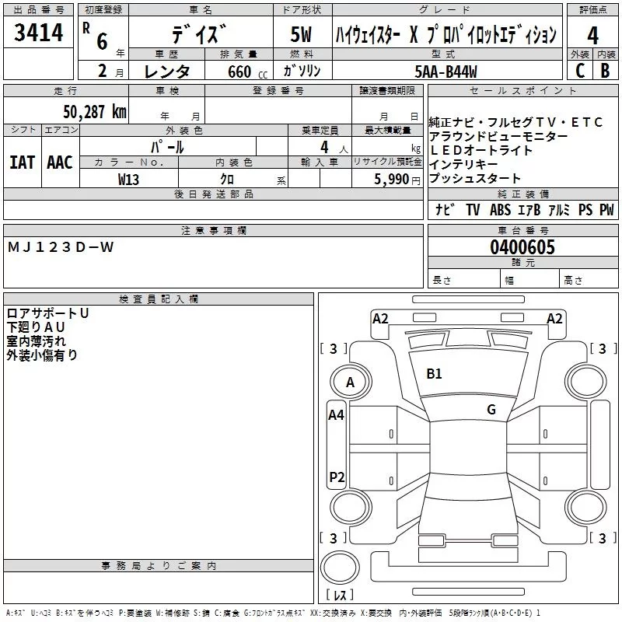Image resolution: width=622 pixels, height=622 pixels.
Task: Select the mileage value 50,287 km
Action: pyautogui.click(x=94, y=111)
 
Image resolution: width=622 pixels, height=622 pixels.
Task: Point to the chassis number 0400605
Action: pyautogui.click(x=522, y=248)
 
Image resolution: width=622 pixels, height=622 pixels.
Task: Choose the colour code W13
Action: pyautogui.click(x=129, y=179)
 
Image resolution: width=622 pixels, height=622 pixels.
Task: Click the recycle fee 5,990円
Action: pyautogui.click(x=397, y=179)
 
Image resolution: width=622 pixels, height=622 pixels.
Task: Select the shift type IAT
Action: pyautogui.click(x=22, y=162)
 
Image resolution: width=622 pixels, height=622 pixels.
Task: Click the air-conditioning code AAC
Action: pyautogui.click(x=60, y=162)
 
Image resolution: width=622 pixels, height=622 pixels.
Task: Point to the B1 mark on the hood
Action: pyautogui.click(x=434, y=374)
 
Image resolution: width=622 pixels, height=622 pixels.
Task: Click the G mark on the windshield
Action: pyautogui.click(x=491, y=410)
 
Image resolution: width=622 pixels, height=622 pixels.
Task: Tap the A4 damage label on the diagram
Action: pyautogui.click(x=336, y=415)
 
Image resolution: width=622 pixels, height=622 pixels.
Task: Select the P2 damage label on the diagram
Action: pyautogui.click(x=337, y=477)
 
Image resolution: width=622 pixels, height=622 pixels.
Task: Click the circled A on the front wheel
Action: pyautogui.click(x=350, y=382)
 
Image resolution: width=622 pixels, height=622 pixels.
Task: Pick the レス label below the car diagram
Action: pyautogui.click(x=339, y=595)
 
